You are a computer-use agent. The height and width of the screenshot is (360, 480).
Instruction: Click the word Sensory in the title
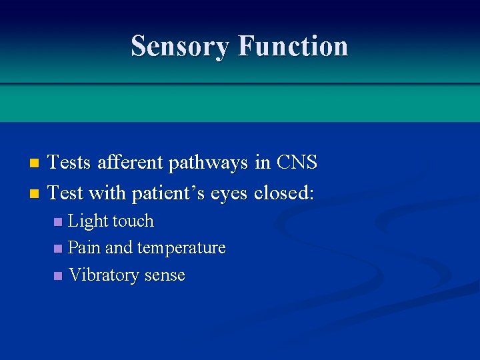point(181,46)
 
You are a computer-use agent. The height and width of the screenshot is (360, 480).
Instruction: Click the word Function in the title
point(293,46)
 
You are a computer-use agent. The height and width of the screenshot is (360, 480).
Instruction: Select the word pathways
point(217,163)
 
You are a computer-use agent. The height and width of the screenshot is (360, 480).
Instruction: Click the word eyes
point(229,194)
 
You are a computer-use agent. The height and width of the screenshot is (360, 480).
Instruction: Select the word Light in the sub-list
point(89,221)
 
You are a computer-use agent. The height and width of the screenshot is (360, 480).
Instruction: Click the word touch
point(133,221)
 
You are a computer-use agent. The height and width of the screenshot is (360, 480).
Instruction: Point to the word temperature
point(181,249)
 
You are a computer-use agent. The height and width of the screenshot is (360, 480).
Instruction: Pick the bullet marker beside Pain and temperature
point(58,249)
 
